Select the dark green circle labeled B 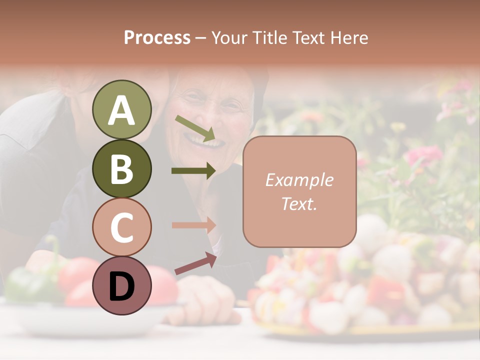pyautogui.click(x=121, y=168)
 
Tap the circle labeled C pyautogui.click(x=121, y=227)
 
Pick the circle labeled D pyautogui.click(x=121, y=286)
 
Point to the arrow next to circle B pyautogui.click(x=193, y=171)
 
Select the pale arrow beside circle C pyautogui.click(x=193, y=225)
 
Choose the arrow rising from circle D pyautogui.click(x=195, y=264)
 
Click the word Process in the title pyautogui.click(x=157, y=37)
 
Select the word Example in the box pyautogui.click(x=299, y=180)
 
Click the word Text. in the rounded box pyautogui.click(x=299, y=203)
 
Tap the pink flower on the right pyautogui.click(x=422, y=155)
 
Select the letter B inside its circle pyautogui.click(x=121, y=168)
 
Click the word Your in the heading pyautogui.click(x=231, y=37)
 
